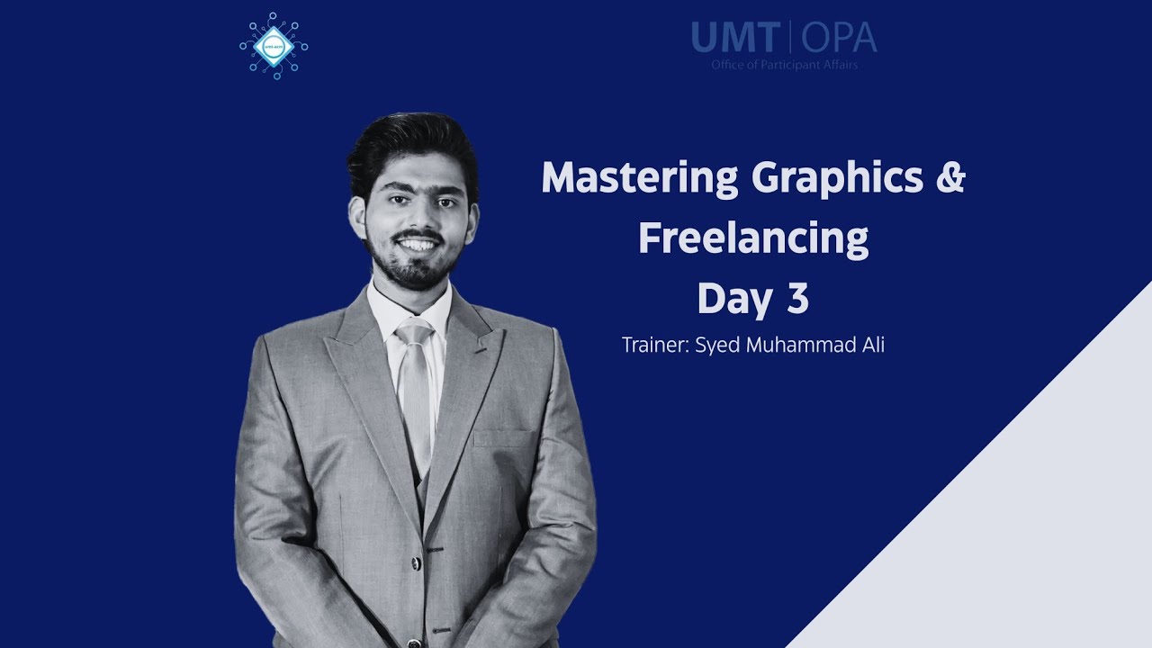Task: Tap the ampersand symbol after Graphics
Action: (x=950, y=178)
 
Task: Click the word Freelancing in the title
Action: (x=753, y=239)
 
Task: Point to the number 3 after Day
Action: (x=797, y=300)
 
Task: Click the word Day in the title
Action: (x=731, y=300)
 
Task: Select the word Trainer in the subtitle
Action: (x=654, y=346)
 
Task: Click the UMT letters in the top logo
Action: (x=735, y=38)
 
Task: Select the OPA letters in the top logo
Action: (x=839, y=38)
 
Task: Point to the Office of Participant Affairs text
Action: (x=784, y=65)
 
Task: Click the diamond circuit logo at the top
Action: (x=274, y=45)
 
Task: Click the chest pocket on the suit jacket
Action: (x=503, y=438)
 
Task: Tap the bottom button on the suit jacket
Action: (x=436, y=631)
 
